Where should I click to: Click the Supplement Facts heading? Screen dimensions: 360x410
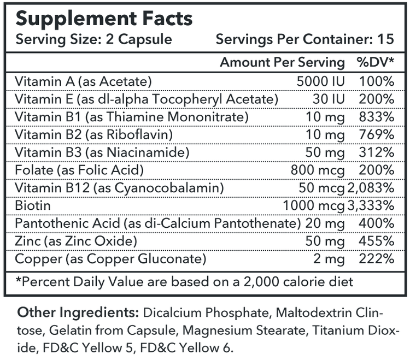click(104, 19)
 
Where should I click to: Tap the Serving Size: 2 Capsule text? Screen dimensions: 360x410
click(93, 40)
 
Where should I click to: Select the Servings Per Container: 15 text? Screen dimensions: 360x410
click(304, 40)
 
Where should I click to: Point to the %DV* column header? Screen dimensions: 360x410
click(376, 62)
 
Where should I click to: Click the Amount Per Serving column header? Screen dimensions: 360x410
click(282, 62)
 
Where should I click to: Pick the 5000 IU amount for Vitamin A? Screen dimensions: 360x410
click(320, 81)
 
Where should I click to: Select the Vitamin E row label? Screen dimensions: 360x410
click(147, 99)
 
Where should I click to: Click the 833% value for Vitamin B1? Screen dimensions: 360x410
click(377, 117)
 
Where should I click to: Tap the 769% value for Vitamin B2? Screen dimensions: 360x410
click(377, 134)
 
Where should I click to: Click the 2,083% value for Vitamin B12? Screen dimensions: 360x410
click(371, 188)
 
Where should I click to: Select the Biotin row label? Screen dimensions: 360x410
click(33, 205)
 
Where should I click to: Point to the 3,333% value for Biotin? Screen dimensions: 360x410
click(371, 205)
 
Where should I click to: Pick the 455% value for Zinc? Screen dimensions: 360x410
click(377, 241)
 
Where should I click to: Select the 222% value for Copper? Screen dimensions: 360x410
click(377, 259)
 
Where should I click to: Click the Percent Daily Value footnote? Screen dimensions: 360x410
click(184, 282)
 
